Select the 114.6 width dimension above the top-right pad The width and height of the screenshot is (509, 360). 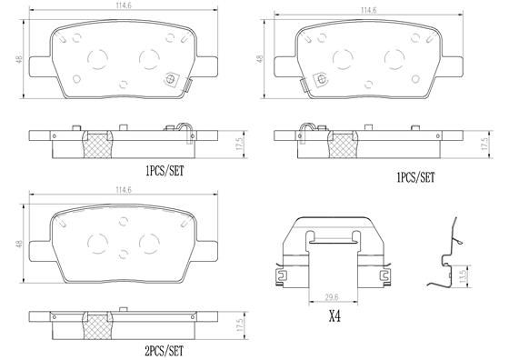click(368, 11)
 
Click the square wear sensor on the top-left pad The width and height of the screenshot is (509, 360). click(169, 80)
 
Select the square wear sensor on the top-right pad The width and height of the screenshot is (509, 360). click(319, 80)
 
